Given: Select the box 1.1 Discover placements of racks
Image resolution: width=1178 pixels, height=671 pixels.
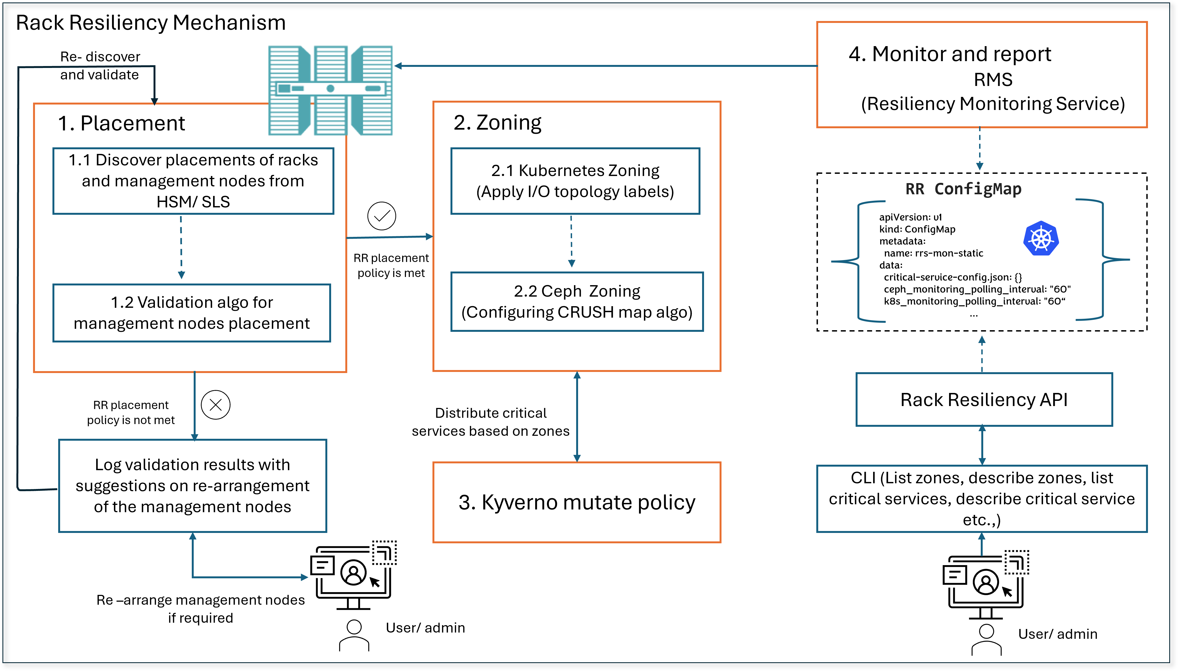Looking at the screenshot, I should pos(193,181).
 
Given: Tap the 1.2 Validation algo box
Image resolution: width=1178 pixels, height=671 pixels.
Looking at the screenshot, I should pos(192,313).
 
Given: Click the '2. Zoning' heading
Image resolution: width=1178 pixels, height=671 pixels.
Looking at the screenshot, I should pos(497,123).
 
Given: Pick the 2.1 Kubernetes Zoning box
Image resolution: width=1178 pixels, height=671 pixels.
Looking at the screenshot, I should pos(575,181).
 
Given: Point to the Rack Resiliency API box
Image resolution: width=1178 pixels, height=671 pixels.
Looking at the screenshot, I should pos(984,399).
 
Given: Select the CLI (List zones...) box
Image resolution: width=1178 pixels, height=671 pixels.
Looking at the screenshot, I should pos(982,499).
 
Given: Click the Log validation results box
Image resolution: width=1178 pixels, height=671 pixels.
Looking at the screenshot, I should pos(192,486).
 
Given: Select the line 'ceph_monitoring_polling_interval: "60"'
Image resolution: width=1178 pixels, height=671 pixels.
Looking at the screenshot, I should pos(977,289).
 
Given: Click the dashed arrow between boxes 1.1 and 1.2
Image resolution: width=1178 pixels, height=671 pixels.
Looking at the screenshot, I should pos(181,247).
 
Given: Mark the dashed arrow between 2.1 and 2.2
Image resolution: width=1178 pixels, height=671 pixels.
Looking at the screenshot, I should pos(572,241).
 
